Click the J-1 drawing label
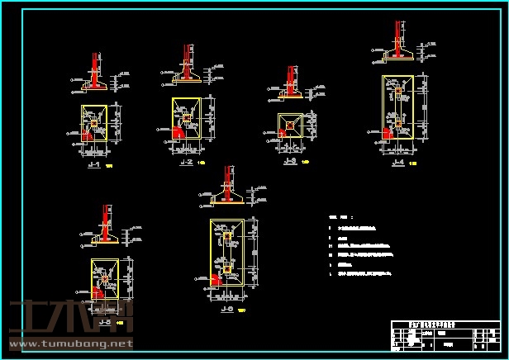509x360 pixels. [93, 165]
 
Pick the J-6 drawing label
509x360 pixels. [226, 310]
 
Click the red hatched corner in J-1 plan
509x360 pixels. [86, 135]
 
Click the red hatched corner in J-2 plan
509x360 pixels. [178, 130]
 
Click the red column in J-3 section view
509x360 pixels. [292, 79]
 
